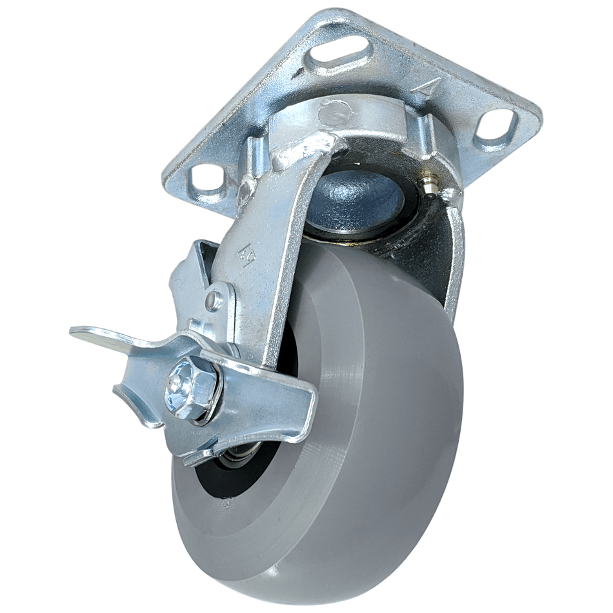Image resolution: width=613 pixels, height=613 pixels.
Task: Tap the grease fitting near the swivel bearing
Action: point(430,185)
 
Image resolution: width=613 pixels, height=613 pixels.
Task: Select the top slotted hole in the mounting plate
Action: point(341,54)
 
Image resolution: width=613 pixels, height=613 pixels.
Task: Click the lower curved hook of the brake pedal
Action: point(139,407)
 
